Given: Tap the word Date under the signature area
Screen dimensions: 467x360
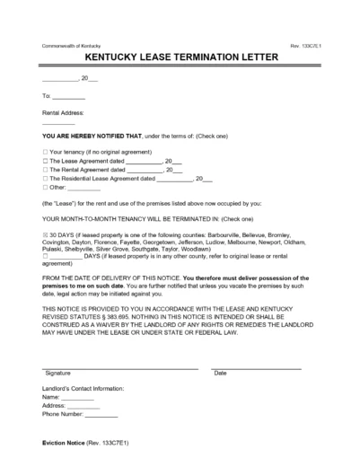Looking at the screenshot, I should click(x=220, y=374).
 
